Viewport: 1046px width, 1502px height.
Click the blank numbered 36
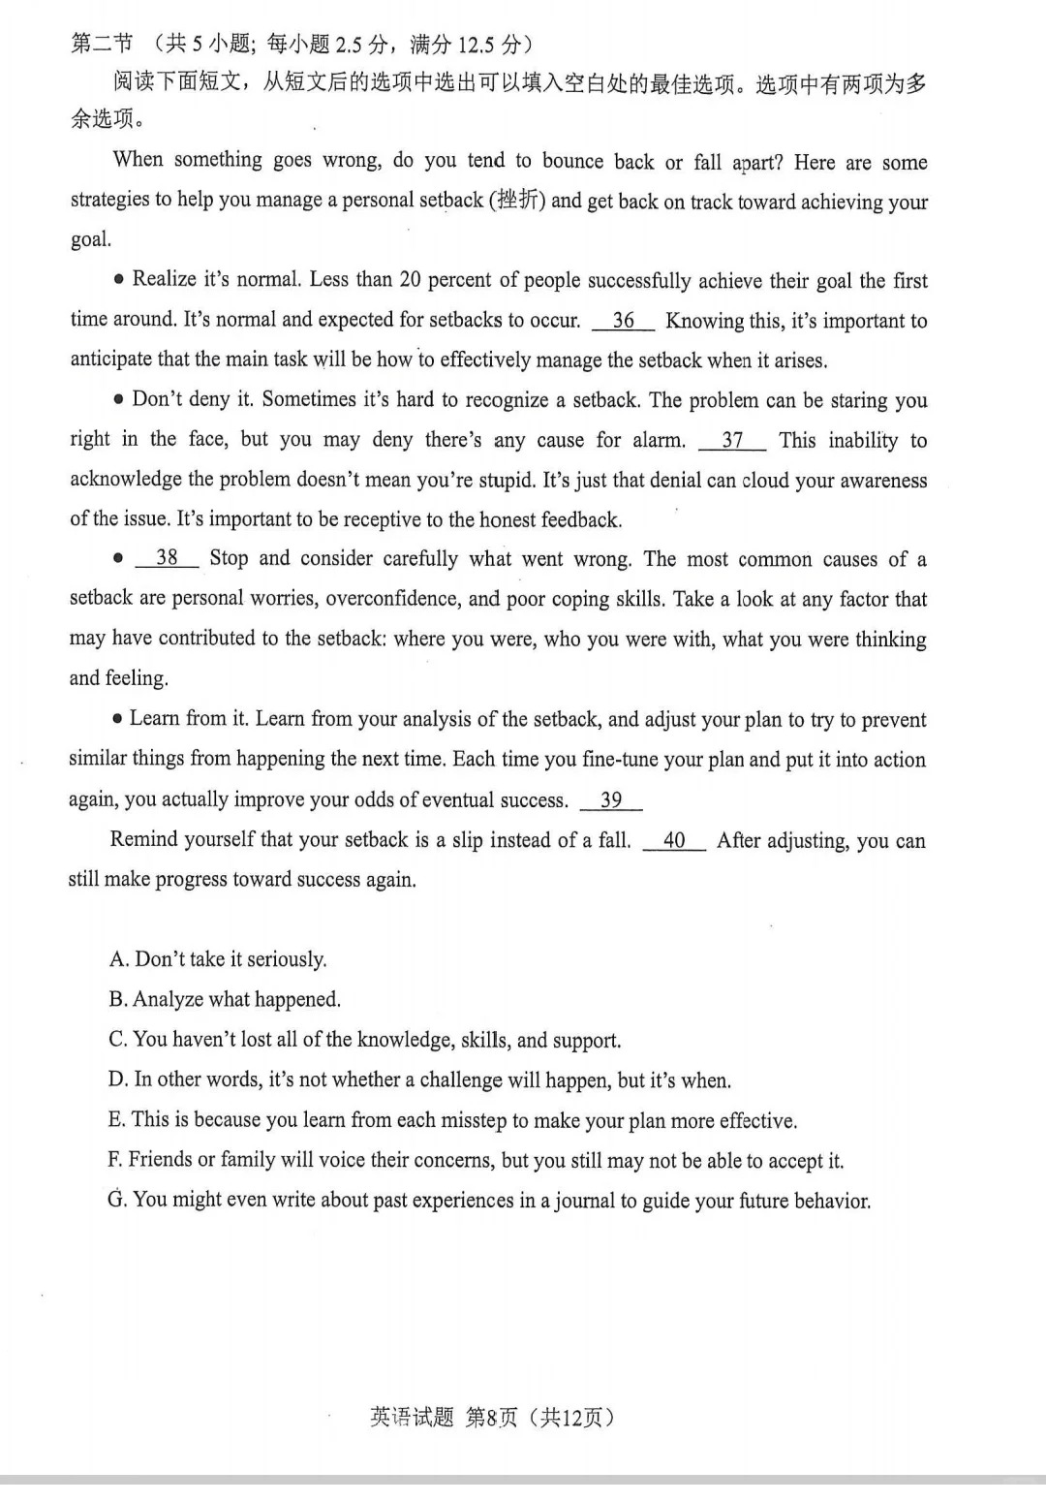coord(623,321)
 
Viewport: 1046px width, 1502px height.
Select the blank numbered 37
coord(732,441)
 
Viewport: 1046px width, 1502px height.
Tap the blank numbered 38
coord(167,558)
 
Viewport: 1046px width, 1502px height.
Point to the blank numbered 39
coord(611,800)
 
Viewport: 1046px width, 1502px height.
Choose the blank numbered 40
coord(674,841)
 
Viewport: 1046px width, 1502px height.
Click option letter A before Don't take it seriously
coord(118,959)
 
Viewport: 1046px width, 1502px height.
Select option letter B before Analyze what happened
coord(118,1000)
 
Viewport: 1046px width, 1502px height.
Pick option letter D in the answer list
coord(118,1080)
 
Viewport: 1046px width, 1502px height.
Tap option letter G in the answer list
coord(117,1200)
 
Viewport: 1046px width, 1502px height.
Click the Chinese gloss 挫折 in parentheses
coord(518,201)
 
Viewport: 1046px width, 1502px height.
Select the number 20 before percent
coord(410,281)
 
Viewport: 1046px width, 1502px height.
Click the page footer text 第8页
coord(491,1418)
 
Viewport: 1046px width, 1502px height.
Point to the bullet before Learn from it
coord(117,719)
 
